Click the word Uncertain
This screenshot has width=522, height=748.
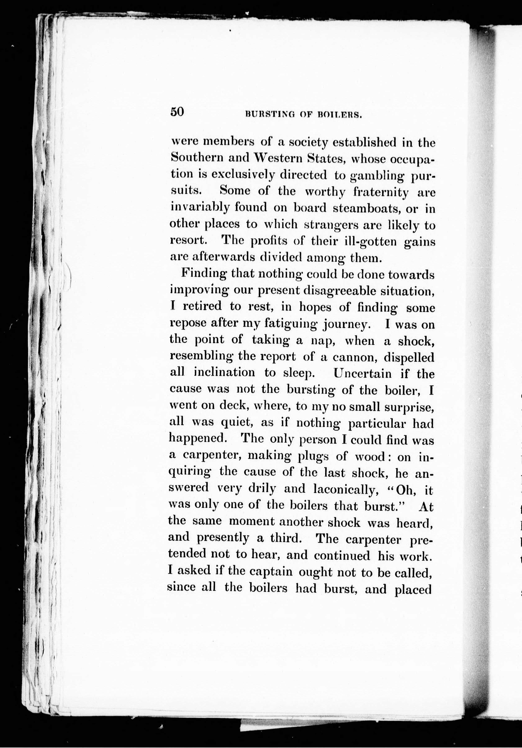coord(363,373)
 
